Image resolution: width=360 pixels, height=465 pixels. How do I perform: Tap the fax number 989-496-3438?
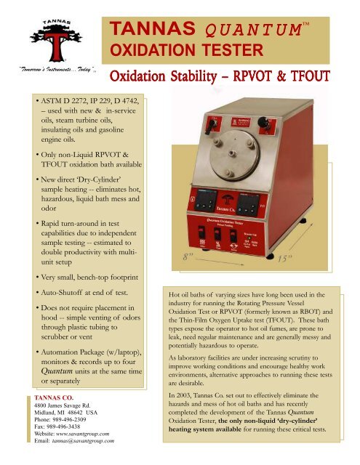(x=77, y=429)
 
